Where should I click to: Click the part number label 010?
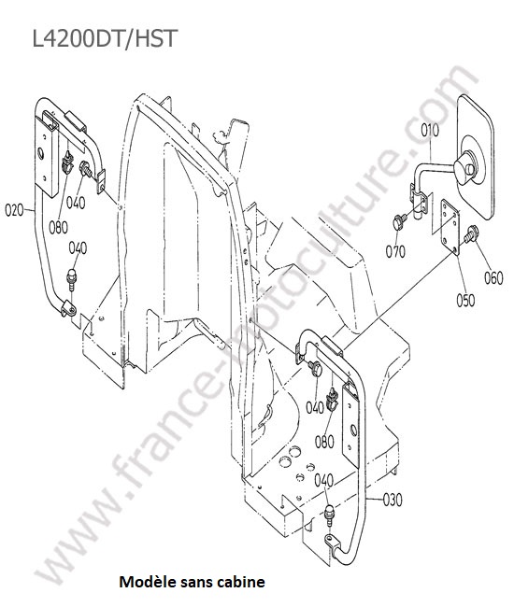pyautogui.click(x=430, y=130)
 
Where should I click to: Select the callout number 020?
pyautogui.click(x=14, y=210)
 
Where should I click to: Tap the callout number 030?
pyautogui.click(x=393, y=500)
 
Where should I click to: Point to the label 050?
pyautogui.click(x=465, y=300)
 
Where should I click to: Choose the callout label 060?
pyautogui.click(x=493, y=277)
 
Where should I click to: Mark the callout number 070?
pyautogui.click(x=395, y=251)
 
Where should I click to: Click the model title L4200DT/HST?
pyautogui.click(x=105, y=38)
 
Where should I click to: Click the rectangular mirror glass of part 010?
pyautogui.click(x=476, y=155)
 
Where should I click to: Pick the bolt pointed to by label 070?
pyautogui.click(x=399, y=222)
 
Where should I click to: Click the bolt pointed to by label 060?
pyautogui.click(x=471, y=233)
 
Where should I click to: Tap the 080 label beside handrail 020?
pyautogui.click(x=58, y=227)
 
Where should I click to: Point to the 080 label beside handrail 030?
pyautogui.click(x=324, y=442)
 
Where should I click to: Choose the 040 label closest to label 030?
pyautogui.click(x=323, y=480)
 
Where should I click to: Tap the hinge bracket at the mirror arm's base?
pyautogui.click(x=419, y=202)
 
